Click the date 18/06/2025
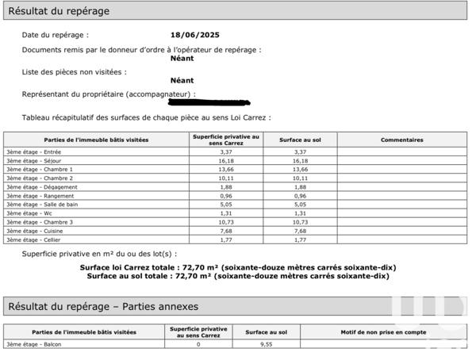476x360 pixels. (194, 35)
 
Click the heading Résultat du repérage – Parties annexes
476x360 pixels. (103, 306)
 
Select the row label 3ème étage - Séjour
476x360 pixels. (28, 160)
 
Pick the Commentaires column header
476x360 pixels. (401, 140)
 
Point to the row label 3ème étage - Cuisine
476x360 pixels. (29, 231)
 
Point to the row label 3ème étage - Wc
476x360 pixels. (23, 213)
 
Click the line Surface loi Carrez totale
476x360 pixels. (238, 267)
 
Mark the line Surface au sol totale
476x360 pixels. (238, 276)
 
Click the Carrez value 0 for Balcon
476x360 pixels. (198, 344)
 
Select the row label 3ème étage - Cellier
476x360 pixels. (29, 239)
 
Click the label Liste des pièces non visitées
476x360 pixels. (74, 72)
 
